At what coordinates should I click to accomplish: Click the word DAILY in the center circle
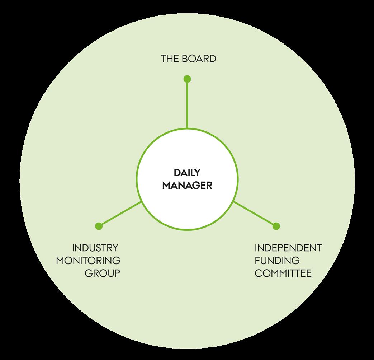pos(186,173)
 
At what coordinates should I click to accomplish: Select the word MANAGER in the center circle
pos(187,186)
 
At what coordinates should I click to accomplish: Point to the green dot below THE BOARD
pos(187,79)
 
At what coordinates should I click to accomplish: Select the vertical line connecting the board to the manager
pos(187,104)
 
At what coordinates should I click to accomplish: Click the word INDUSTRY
pos(95,248)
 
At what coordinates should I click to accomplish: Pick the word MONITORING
pos(88,261)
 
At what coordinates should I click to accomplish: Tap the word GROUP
pos(102,273)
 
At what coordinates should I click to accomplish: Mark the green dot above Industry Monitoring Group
pos(99,226)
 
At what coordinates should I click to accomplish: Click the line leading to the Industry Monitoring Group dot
pos(120,214)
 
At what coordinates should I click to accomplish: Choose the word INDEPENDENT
pos(288,248)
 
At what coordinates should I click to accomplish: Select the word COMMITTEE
pos(283,273)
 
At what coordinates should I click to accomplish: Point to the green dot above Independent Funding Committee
pos(276,226)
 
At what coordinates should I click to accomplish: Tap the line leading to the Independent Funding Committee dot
pos(255,214)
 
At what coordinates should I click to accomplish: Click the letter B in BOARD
pos(185,59)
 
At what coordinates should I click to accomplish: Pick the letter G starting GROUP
pos(88,273)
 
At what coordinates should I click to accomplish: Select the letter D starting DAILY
pos(177,173)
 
